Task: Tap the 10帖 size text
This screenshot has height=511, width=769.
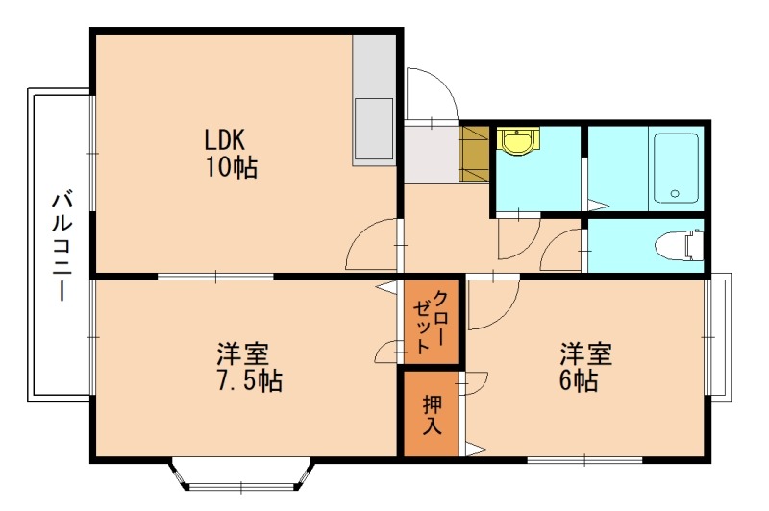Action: coord(230,168)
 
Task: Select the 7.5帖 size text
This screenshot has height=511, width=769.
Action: coord(248,380)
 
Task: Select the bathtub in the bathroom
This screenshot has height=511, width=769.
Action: coord(676,167)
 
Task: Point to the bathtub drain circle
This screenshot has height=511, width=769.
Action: coord(675,194)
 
